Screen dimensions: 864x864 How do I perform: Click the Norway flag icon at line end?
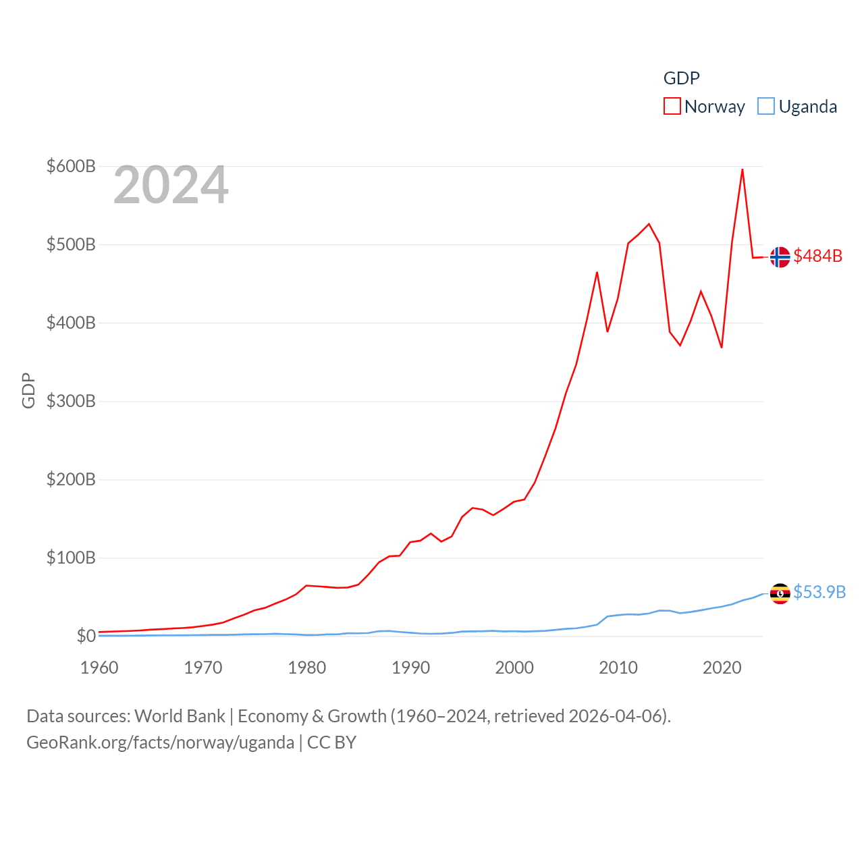point(780,257)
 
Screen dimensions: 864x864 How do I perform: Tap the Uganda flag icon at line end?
point(780,593)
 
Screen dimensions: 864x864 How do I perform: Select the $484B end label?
point(817,256)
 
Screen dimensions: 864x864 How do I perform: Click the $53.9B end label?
point(819,592)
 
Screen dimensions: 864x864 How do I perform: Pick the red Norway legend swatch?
point(672,107)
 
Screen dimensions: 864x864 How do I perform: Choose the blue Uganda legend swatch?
point(766,107)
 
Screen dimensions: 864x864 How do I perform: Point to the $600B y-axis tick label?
point(71,166)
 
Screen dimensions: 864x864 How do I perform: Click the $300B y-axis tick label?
point(71,401)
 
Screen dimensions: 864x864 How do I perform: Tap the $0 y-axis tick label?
point(86,636)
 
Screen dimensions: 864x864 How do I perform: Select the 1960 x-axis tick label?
point(99,668)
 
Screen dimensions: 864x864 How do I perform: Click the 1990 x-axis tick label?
point(410,668)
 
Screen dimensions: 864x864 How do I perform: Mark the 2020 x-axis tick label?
point(722,668)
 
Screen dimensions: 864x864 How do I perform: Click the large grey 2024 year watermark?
point(171,186)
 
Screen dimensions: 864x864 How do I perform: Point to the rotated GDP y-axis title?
point(28,390)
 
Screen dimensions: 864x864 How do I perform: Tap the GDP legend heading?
point(681,78)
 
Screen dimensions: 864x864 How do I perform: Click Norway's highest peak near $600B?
point(742,169)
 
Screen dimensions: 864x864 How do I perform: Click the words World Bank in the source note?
point(180,715)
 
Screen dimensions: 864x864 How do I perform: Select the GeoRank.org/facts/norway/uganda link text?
point(160,742)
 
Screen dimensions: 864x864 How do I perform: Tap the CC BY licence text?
point(331,742)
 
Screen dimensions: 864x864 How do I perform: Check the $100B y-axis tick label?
point(71,558)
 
